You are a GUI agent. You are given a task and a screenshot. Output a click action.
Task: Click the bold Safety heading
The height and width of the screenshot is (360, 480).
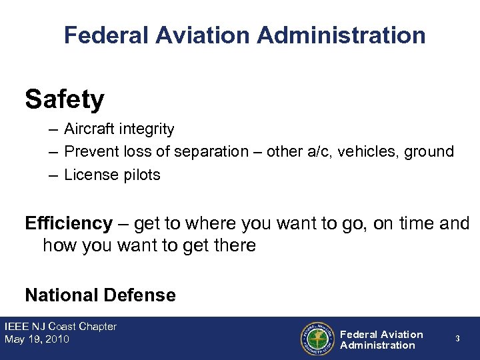[x=65, y=100]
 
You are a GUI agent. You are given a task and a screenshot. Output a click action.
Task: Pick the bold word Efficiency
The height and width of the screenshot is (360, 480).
[x=68, y=223]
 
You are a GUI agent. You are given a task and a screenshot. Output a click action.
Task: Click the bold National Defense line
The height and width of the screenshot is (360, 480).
[x=100, y=295]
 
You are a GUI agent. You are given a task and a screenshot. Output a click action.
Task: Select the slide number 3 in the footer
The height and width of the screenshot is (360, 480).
[x=457, y=339]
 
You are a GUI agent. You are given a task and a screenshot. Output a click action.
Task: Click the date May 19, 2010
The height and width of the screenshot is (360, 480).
[x=37, y=339]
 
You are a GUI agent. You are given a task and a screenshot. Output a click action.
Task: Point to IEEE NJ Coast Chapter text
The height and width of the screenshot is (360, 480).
[x=61, y=327]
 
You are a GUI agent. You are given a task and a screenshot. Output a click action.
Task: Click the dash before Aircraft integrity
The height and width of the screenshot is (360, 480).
[x=52, y=129]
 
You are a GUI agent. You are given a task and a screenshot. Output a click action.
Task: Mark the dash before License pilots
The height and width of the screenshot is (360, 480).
[x=52, y=175]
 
